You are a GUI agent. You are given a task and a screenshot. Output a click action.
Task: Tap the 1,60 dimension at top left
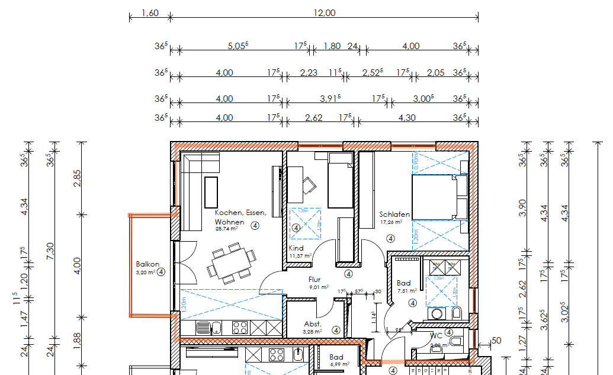coord(150,13)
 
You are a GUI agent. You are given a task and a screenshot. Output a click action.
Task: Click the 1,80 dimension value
coord(332,46)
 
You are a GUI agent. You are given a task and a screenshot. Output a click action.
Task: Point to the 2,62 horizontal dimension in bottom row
coord(313,118)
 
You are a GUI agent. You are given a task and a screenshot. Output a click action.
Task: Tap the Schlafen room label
coord(394,214)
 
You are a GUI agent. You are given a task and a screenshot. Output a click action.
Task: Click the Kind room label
coord(296,248)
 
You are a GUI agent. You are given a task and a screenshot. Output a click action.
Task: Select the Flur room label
coord(314,280)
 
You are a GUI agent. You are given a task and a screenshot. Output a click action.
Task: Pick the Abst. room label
coord(312,324)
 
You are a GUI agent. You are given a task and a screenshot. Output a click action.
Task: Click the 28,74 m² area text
coord(226,228)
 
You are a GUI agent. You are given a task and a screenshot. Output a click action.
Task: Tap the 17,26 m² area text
coord(391,222)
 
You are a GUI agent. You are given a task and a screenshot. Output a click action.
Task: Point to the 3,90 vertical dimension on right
coord(522,208)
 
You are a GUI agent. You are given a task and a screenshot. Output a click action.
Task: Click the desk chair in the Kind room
coord(310,185)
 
